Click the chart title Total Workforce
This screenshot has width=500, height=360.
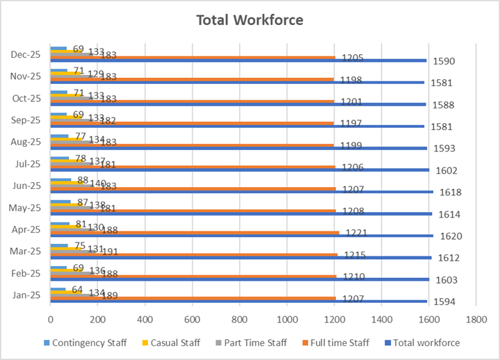[250, 19]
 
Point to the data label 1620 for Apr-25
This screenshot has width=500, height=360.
[449, 236]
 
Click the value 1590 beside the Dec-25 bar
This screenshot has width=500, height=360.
[444, 62]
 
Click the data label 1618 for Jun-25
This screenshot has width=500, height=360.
[449, 193]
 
